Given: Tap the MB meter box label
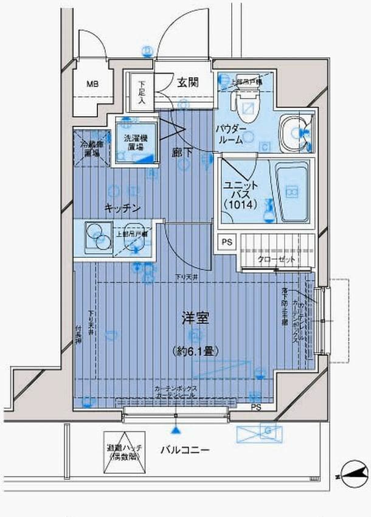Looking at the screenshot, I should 91,84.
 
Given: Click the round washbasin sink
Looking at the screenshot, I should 295,131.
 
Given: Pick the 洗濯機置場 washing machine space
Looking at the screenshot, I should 134,143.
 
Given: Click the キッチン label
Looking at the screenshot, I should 122,208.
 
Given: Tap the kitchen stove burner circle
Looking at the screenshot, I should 94,233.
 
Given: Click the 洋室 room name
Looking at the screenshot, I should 195,317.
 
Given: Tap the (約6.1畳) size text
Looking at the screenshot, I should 195,351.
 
